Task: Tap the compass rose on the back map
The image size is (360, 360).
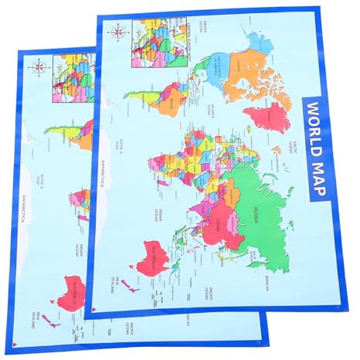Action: (38, 66)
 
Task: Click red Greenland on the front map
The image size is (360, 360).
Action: (267, 116)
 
